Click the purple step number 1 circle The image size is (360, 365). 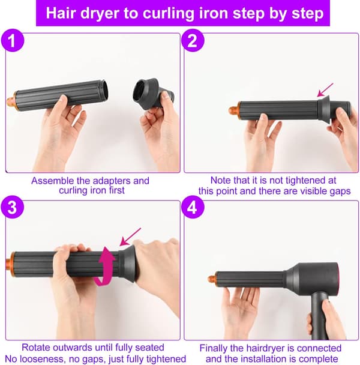pos(13,40)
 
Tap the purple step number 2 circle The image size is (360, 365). pos(193,40)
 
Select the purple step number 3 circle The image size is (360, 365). pos(13,207)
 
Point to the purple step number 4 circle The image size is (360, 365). pos(193,207)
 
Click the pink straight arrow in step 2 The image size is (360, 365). pos(325,90)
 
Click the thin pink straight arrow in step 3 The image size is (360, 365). pos(130,237)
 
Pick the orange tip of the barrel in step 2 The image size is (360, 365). pos(234,110)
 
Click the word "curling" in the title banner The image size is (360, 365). pos(166,13)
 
